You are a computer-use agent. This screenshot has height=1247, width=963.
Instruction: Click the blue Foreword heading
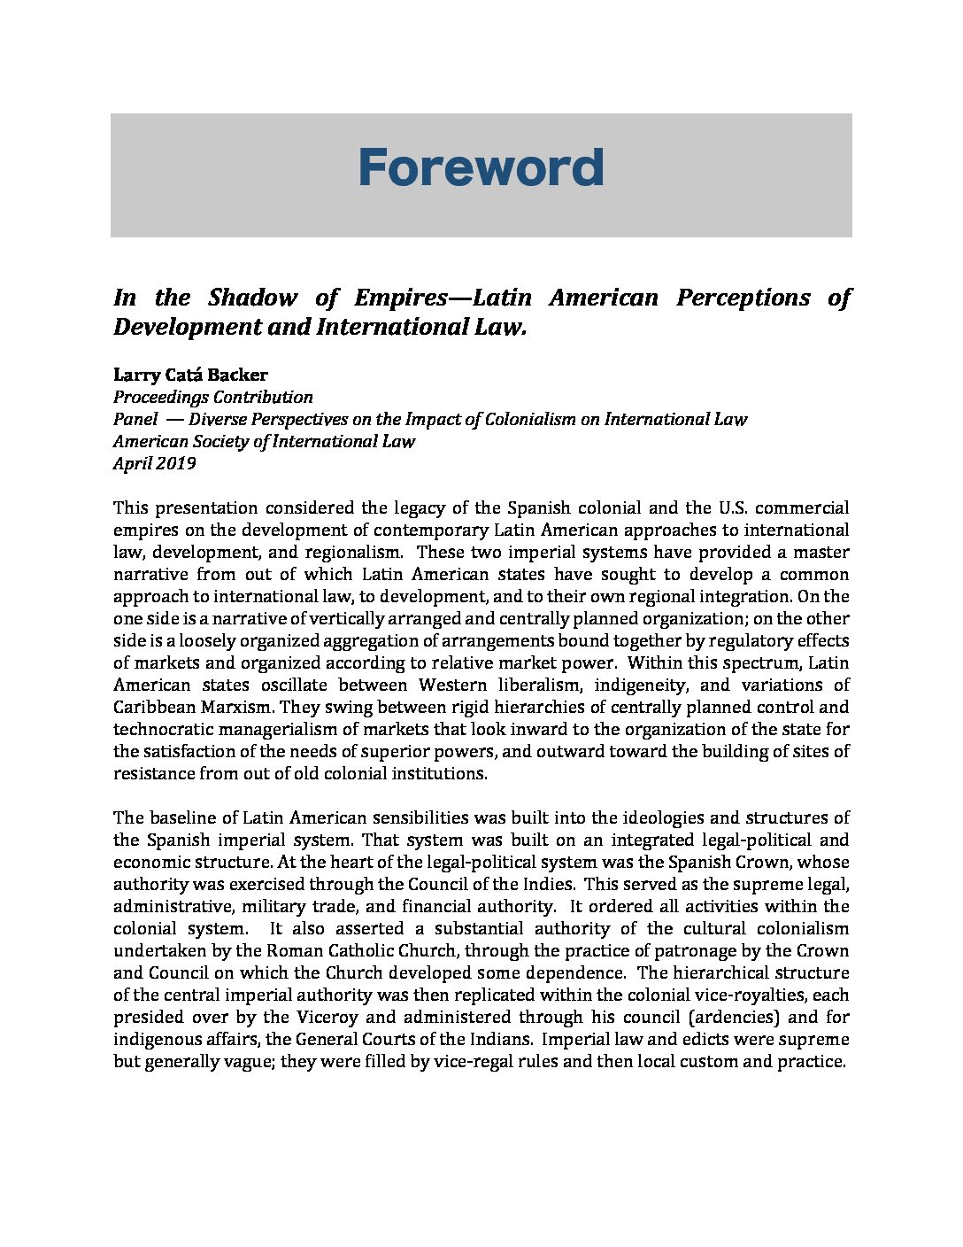(481, 168)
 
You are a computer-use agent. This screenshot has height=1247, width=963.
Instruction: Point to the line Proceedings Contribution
(212, 398)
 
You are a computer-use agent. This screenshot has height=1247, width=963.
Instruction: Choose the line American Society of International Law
(264, 441)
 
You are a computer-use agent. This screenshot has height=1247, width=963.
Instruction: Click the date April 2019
(155, 463)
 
